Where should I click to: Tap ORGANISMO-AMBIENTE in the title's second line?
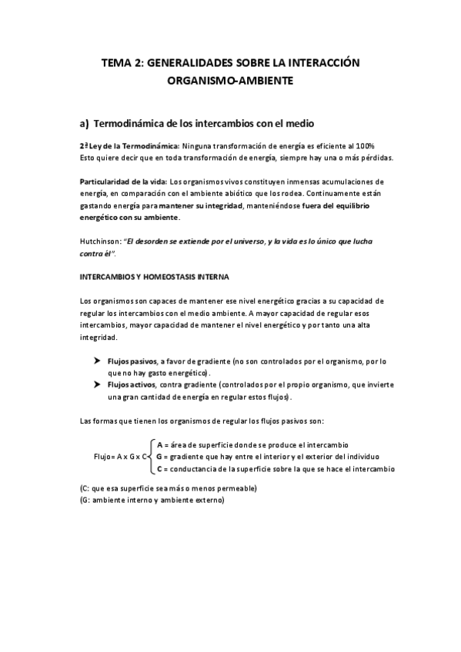pyautogui.click(x=231, y=80)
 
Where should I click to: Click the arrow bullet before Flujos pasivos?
pyautogui.click(x=98, y=361)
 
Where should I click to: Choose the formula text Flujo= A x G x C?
pyautogui.click(x=121, y=457)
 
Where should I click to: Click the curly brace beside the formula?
pyautogui.click(x=151, y=456)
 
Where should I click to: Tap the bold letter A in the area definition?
pyautogui.click(x=159, y=444)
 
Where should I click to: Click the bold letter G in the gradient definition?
pyautogui.click(x=159, y=456)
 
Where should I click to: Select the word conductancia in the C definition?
pyautogui.click(x=191, y=467)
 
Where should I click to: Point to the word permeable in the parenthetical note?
pyautogui.click(x=231, y=489)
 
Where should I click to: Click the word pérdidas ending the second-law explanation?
pyautogui.click(x=376, y=158)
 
